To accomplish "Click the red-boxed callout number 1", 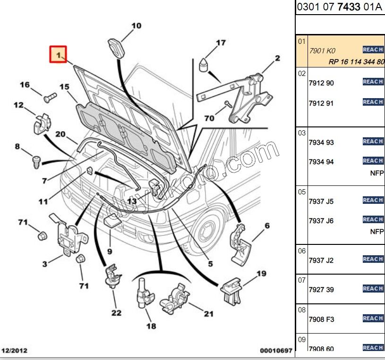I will click(x=59, y=54).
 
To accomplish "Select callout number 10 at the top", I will click(x=136, y=26).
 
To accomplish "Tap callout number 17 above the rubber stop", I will click(x=221, y=43).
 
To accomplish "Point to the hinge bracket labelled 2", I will click(x=246, y=94).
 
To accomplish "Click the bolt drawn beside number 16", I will click(x=50, y=98).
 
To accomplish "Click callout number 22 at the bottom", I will click(x=116, y=312).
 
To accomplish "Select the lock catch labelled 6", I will click(x=241, y=243).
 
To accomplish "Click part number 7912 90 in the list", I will click(x=321, y=83).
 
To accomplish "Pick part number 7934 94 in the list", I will click(x=321, y=162).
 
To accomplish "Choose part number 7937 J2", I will click(x=321, y=260).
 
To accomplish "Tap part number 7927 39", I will click(x=321, y=289).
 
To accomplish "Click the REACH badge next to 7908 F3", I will click(x=373, y=318).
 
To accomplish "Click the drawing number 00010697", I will click(x=276, y=351).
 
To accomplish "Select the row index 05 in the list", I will click(x=302, y=192).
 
